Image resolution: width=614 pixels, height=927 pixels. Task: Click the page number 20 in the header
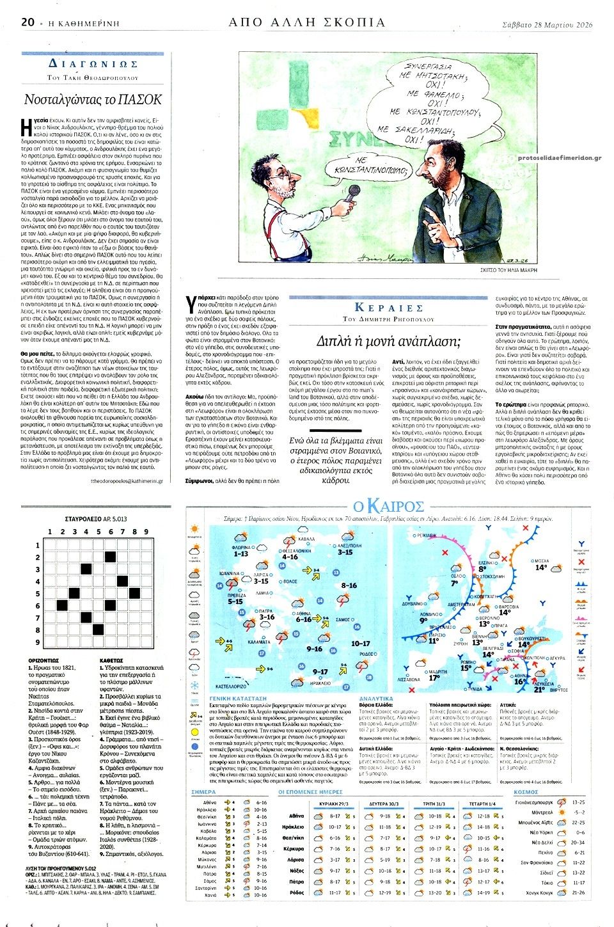point(28,22)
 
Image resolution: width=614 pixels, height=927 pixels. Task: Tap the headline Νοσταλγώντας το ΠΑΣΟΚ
point(93,99)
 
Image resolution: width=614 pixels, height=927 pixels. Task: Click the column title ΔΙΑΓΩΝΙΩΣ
point(93,64)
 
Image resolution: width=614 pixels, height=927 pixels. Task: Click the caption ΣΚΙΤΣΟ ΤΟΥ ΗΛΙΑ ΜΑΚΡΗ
point(509,271)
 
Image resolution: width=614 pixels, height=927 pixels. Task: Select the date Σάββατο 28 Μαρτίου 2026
point(547,24)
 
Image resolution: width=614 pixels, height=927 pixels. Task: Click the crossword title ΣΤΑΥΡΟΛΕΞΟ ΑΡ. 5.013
point(96,519)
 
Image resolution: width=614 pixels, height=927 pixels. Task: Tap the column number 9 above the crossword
point(146,532)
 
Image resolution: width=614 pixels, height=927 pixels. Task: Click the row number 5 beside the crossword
point(38,594)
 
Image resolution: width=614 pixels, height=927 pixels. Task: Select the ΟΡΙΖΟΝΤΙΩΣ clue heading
point(43,660)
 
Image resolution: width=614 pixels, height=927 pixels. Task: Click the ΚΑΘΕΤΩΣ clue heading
point(112,660)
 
